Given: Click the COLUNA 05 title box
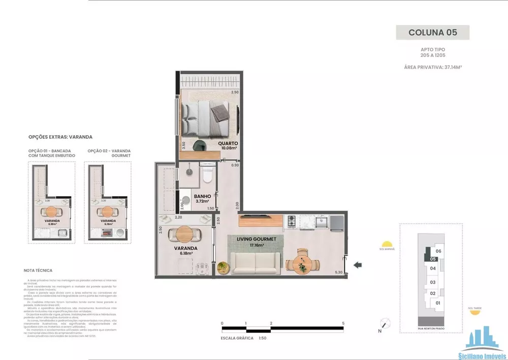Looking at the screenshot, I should pyautogui.click(x=432, y=32).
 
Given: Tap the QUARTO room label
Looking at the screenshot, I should pyautogui.click(x=228, y=143).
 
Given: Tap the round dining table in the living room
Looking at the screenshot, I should pyautogui.click(x=303, y=263).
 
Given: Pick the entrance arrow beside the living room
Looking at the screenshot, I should pyautogui.click(x=358, y=264).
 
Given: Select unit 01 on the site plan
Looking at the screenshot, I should pyautogui.click(x=437, y=304).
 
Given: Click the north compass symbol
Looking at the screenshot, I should pyautogui.click(x=386, y=323).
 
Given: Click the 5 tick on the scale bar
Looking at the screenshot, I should pyautogui.click(x=344, y=323).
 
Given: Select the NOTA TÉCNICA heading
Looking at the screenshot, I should pyautogui.click(x=38, y=271).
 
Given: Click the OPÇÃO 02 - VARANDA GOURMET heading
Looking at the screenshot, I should pyautogui.click(x=109, y=153).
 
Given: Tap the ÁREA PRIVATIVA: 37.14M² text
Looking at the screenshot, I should pyautogui.click(x=432, y=67).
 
